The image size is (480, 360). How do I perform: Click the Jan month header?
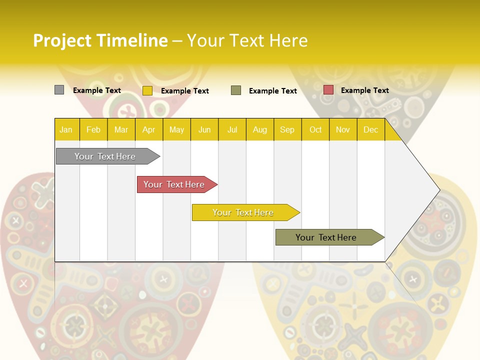(66, 129)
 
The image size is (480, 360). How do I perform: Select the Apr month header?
(148, 129)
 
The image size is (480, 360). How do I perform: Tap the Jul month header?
(232, 129)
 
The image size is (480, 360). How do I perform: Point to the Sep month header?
(287, 129)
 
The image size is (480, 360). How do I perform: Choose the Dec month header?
(370, 129)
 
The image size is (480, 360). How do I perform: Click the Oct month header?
(315, 129)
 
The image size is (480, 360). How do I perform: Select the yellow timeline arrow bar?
(243, 212)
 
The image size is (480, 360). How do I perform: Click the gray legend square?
(59, 90)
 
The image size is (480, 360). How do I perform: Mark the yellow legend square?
(147, 90)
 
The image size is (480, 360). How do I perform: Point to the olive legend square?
(236, 90)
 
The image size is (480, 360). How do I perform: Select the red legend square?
(328, 90)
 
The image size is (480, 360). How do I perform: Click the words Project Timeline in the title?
(100, 40)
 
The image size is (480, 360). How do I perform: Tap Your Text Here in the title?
(247, 40)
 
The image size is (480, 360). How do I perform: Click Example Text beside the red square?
(364, 90)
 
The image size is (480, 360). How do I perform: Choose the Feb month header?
(93, 129)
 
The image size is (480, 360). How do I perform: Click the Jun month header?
(204, 129)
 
